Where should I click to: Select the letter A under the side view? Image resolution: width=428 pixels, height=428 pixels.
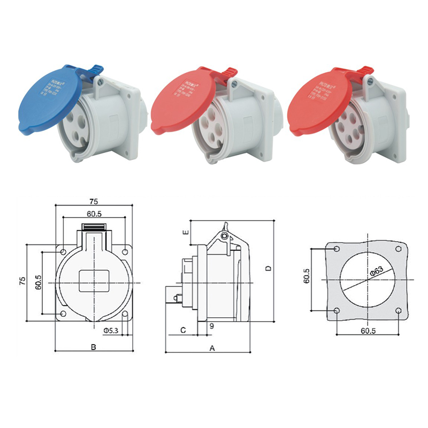click(x=212, y=348)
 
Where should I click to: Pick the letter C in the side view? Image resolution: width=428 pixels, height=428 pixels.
click(x=182, y=331)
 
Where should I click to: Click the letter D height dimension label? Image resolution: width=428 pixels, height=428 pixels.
click(x=269, y=267)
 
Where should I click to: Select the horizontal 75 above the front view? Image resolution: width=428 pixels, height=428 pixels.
click(x=94, y=202)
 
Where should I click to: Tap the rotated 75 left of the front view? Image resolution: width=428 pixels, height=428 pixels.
click(x=22, y=282)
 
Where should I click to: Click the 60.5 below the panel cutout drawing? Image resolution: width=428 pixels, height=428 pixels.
click(x=368, y=331)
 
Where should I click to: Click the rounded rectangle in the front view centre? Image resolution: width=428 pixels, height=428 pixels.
click(x=94, y=281)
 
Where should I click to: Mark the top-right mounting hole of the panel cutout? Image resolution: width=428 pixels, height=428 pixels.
click(x=399, y=250)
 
